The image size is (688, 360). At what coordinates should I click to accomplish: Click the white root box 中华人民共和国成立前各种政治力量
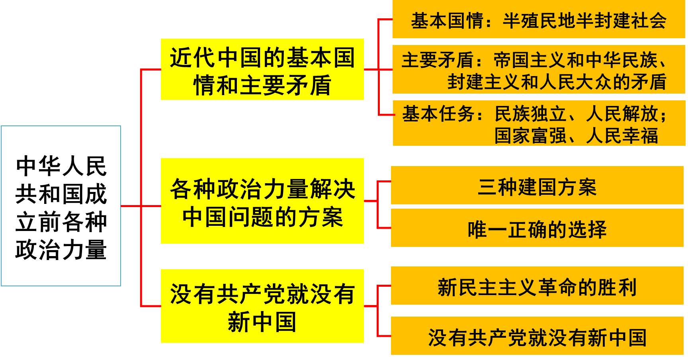(x=61, y=206)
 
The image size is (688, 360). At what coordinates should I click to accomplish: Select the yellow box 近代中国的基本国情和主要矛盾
(x=262, y=69)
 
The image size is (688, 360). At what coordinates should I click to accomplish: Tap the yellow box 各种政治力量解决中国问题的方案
(x=262, y=201)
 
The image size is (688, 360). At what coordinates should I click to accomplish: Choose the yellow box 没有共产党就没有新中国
(x=262, y=306)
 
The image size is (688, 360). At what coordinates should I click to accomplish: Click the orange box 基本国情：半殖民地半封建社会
(x=538, y=20)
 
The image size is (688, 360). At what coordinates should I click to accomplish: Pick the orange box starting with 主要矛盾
(x=538, y=70)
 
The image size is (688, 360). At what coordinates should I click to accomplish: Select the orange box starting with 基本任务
(x=538, y=123)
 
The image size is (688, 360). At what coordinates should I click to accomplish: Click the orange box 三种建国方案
(x=537, y=186)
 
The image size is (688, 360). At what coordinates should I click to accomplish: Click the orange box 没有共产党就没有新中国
(x=537, y=337)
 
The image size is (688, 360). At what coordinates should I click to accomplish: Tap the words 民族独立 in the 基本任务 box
(x=530, y=114)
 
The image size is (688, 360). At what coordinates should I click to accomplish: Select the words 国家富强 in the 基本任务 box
(x=530, y=135)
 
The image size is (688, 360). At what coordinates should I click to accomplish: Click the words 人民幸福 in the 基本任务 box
(x=622, y=135)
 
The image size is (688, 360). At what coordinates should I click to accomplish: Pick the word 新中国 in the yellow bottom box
(x=262, y=322)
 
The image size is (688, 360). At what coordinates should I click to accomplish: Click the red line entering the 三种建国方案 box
(x=384, y=182)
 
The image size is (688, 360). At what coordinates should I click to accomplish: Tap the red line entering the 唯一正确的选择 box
(x=384, y=228)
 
